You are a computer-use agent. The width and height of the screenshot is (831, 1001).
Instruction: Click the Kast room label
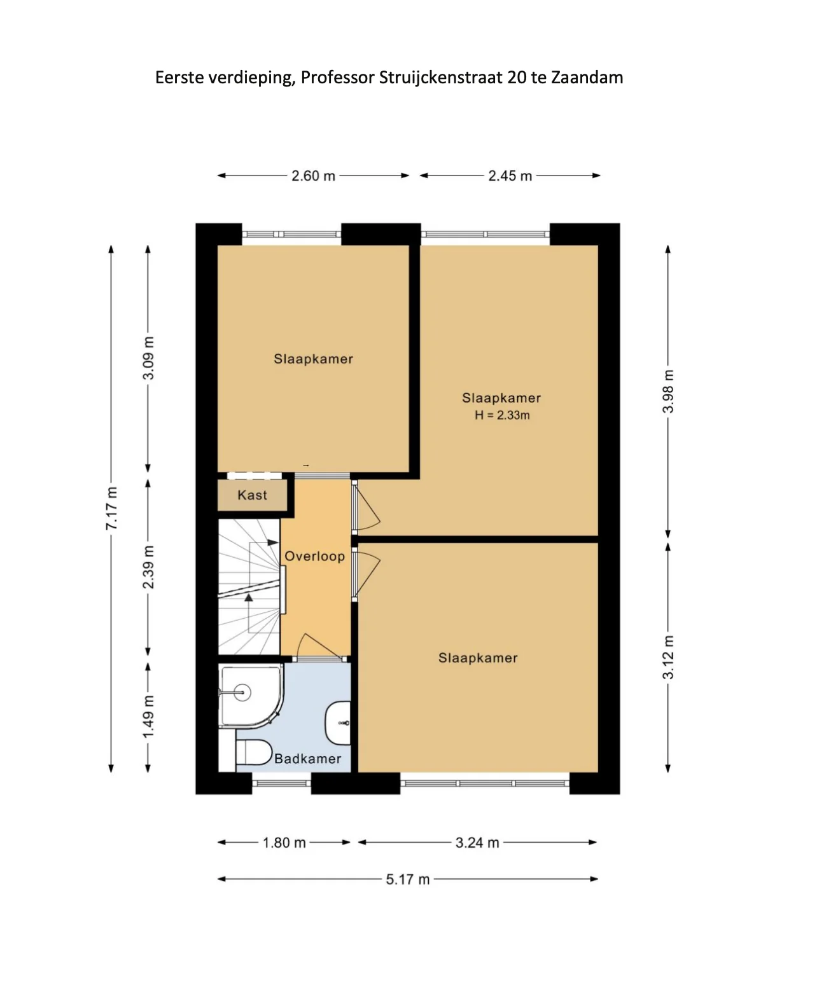252,495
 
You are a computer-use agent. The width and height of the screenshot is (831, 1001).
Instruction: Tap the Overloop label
315,556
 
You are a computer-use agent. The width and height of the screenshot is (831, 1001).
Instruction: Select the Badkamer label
307,759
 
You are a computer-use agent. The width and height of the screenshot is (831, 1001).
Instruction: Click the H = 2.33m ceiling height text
502,415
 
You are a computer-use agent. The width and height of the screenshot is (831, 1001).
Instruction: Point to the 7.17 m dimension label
111,508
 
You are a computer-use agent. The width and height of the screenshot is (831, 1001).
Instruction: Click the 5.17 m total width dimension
408,880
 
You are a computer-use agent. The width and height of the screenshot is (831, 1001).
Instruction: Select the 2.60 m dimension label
313,176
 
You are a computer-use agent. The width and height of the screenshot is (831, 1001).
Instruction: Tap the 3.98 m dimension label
668,391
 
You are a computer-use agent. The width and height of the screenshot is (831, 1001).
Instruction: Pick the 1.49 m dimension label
148,717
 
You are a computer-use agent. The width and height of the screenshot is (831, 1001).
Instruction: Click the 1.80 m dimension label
284,842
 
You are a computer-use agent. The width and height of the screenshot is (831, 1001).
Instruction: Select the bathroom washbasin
339,723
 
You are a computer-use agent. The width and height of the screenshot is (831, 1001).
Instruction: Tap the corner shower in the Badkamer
250,695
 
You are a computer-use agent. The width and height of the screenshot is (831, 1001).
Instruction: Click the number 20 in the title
516,77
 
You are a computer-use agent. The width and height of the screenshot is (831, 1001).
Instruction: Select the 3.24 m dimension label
477,842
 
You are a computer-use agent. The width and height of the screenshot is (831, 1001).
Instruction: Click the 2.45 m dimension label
510,176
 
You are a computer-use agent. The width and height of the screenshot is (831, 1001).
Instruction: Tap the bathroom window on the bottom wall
282,784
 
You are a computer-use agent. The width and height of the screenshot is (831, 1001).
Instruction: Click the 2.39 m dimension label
148,567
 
